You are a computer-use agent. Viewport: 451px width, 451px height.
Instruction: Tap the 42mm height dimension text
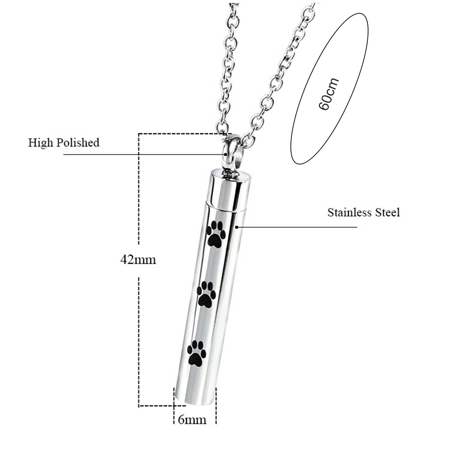point(138,259)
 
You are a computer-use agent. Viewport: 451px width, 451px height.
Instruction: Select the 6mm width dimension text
point(192,420)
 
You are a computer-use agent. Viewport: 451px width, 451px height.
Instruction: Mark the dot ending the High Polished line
point(226,154)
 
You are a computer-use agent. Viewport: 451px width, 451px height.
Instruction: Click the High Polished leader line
point(141,154)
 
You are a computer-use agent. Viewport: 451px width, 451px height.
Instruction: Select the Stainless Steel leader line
point(296,227)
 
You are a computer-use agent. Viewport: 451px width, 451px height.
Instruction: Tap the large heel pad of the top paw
point(214,241)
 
